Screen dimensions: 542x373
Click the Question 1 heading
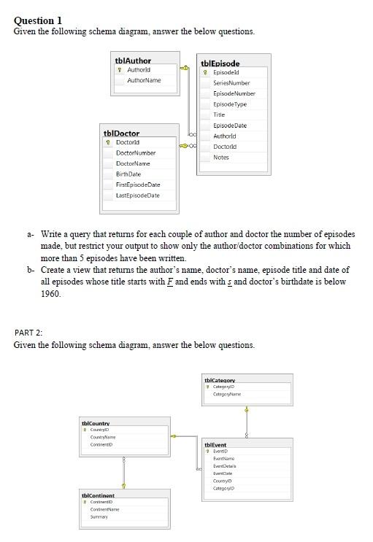38,20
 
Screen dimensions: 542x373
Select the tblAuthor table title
133,61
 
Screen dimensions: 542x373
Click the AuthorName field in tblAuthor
144,80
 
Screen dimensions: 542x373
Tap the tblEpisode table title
220,64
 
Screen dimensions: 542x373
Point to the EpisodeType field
230,104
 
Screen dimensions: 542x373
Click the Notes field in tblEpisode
220,158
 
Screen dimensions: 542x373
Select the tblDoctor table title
121,133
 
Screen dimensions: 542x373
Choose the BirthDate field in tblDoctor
128,174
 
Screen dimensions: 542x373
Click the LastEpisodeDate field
138,195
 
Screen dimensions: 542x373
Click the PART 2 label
28,333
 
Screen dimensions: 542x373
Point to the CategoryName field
227,394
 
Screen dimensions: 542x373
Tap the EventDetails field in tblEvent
224,465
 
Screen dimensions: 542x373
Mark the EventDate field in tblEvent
222,473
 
